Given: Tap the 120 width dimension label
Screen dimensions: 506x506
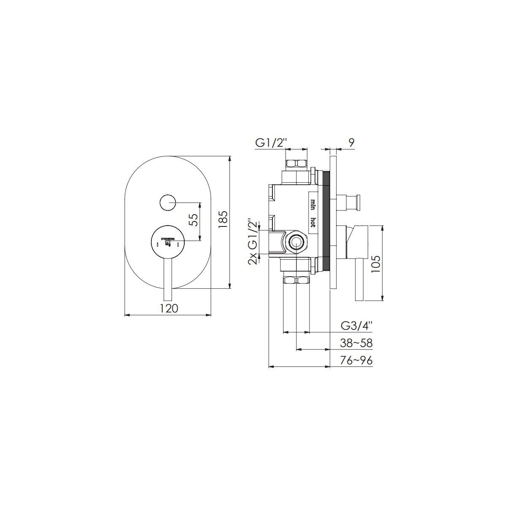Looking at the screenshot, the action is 169,308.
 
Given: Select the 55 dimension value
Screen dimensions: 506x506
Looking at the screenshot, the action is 193,220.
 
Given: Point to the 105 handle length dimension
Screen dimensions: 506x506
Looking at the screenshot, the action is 376,264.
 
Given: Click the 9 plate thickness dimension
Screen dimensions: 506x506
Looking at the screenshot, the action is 352,143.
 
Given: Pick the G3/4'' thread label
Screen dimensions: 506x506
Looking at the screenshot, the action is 357,326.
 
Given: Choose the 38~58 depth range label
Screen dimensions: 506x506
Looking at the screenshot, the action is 356,343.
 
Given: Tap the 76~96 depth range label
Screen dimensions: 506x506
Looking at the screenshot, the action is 356,361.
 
